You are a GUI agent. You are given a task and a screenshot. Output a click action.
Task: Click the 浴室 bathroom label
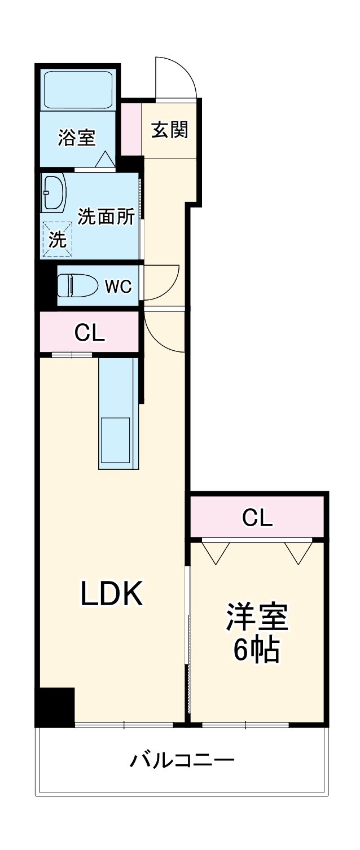[77, 138]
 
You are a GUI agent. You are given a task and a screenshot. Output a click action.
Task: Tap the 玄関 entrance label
[170, 130]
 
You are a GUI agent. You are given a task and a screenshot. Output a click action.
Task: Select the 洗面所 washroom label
[106, 217]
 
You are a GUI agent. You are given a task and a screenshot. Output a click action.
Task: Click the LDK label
[112, 593]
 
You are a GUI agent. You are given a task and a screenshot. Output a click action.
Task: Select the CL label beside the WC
[90, 333]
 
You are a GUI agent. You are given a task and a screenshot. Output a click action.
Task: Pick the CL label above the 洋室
[257, 518]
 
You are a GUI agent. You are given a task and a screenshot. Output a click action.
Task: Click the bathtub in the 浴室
[78, 90]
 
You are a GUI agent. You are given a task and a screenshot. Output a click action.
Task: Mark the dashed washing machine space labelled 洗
[58, 240]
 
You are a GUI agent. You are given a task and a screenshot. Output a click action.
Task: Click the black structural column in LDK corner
[55, 707]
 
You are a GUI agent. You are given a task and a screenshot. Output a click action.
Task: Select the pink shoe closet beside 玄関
[131, 129]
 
